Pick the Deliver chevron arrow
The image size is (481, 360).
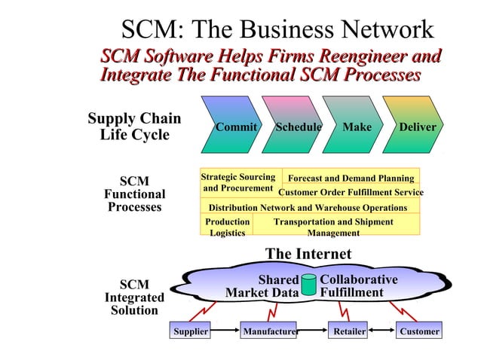[415, 127]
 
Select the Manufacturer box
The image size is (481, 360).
[269, 331]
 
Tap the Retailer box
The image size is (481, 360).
[350, 331]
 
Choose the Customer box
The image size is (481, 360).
[419, 331]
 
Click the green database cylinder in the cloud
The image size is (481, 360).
[309, 285]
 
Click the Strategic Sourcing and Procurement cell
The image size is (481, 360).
[239, 182]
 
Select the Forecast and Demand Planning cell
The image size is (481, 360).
[351, 178]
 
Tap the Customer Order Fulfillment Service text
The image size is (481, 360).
[351, 193]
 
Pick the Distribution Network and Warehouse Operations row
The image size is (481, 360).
[308, 207]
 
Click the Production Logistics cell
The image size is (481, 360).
[227, 227]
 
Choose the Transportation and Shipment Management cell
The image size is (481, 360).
[333, 227]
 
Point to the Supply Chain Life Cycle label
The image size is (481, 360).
[134, 127]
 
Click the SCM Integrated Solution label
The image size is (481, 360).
[134, 297]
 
